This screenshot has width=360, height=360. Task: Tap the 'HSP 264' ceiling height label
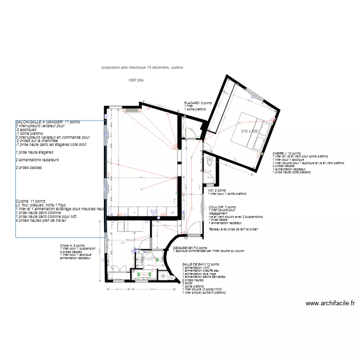(x=136, y=81)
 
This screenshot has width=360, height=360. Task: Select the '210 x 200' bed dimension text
(x=250, y=131)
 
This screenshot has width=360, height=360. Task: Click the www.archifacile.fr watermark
(x=330, y=303)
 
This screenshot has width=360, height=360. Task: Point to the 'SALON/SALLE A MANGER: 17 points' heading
(x=48, y=122)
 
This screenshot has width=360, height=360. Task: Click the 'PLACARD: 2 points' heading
(x=198, y=103)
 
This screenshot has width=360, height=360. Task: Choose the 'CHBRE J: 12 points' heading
(x=287, y=153)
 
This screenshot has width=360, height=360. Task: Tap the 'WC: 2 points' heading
(x=218, y=191)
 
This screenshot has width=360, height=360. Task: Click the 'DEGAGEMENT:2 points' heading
(x=190, y=248)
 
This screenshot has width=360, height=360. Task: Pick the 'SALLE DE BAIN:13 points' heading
(x=201, y=264)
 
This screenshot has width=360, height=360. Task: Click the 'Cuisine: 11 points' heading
(x=31, y=201)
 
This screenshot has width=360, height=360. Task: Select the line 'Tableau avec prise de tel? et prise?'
(x=233, y=229)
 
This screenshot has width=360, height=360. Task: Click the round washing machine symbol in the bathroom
(x=163, y=276)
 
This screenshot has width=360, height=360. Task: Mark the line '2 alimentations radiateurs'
(x=37, y=160)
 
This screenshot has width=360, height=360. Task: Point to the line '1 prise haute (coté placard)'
(x=291, y=172)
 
